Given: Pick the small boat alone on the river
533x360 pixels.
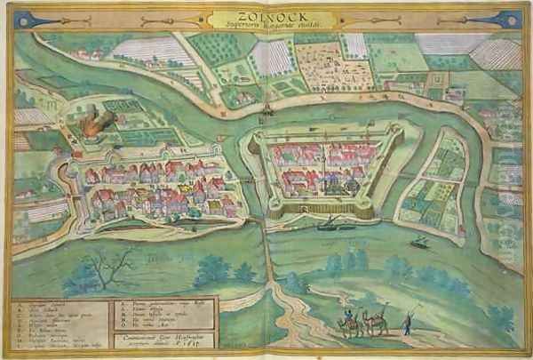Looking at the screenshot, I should coord(419,241).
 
